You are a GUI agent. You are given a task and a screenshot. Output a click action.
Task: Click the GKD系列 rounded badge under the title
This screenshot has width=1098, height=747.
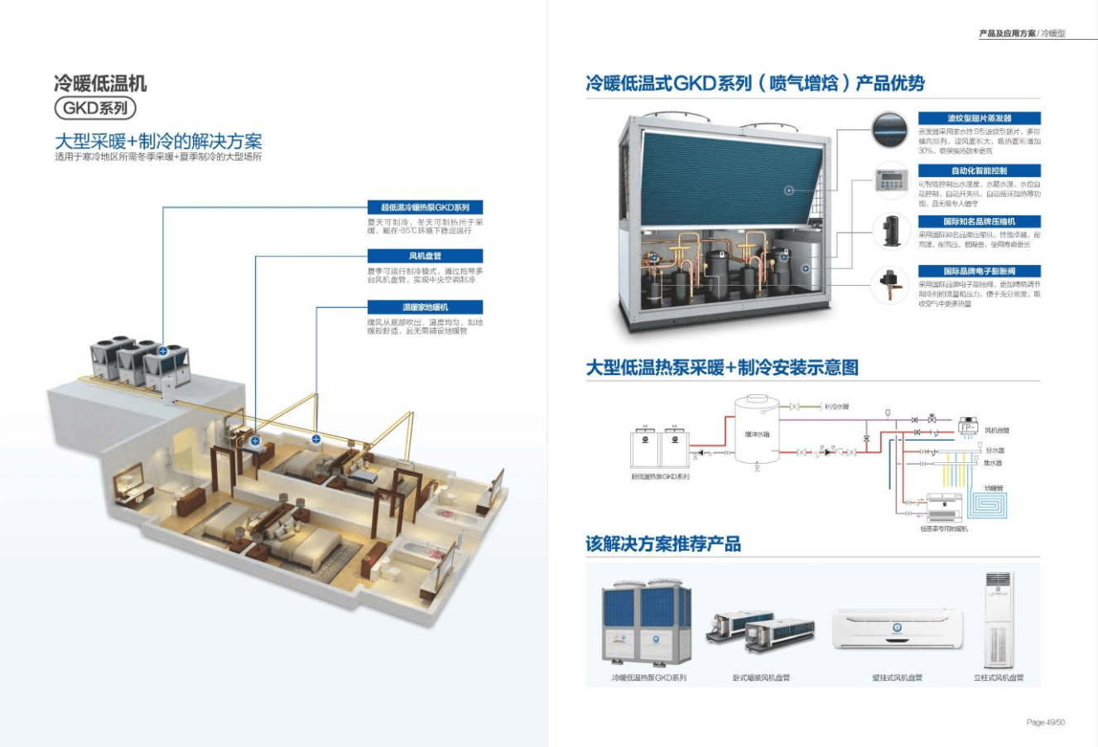[94, 108]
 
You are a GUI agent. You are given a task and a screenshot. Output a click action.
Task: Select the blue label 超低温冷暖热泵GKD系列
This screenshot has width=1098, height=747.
[425, 207]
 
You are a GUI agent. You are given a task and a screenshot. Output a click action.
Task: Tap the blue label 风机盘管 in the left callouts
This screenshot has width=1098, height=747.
[425, 257]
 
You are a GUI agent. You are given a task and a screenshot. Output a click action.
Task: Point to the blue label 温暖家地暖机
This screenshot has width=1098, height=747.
[425, 307]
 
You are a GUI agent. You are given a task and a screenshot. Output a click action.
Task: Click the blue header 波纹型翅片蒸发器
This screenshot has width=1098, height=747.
[979, 118]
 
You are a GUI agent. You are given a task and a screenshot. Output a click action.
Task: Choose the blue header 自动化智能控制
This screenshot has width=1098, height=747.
[979, 171]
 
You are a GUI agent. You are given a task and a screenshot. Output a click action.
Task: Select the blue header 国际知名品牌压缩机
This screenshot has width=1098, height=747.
[979, 222]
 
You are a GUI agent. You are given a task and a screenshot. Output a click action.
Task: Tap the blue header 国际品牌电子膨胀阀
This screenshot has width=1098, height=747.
[979, 272]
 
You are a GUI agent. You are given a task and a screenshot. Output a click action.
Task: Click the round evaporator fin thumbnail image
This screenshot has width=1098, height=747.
[890, 131]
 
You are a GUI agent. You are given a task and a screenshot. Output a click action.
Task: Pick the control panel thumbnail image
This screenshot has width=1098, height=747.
[890, 180]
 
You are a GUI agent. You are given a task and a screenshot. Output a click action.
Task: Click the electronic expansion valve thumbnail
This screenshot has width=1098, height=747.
[890, 284]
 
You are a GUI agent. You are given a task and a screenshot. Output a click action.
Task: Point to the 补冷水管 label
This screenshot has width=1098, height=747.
[836, 407]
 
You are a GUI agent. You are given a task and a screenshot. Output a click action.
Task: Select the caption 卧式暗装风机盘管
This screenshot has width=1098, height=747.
[761, 677]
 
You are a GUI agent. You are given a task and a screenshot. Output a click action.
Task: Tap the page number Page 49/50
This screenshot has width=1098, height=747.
[1045, 722]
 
